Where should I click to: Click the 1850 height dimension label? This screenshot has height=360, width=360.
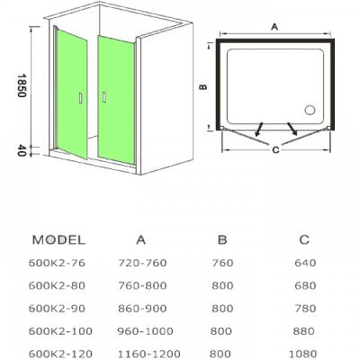22,85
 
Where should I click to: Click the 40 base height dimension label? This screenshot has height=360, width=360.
22,150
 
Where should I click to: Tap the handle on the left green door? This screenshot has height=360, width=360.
80,98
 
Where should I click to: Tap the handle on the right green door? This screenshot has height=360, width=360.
104,97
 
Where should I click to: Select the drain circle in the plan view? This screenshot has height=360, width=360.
310,110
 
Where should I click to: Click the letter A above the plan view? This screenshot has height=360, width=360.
274,27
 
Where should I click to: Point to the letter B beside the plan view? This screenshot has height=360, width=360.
203,86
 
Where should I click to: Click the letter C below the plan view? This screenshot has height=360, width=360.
275,149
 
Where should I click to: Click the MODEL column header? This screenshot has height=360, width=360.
58,240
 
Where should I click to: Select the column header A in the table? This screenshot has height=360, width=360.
140,240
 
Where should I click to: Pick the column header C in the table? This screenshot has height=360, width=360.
304,239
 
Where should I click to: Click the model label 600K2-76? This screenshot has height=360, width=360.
57,263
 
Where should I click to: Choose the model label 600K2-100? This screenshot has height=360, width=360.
60,331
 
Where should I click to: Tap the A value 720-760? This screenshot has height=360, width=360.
142,263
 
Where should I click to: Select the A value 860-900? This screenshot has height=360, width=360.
142,309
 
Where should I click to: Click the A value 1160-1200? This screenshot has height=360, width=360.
148,354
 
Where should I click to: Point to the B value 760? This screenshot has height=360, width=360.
222,263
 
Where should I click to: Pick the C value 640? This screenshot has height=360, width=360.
305,263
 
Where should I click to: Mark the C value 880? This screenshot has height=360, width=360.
304,331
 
